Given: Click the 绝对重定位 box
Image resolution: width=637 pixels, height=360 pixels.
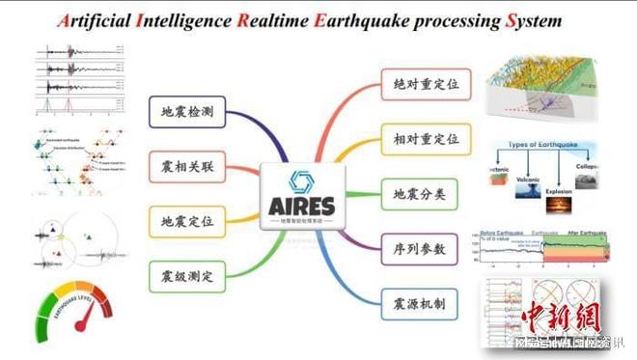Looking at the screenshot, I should click(x=421, y=86).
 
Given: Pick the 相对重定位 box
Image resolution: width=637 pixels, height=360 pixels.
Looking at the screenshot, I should click(x=421, y=140).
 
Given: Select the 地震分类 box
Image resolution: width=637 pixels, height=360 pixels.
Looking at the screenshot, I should click(x=421, y=194).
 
